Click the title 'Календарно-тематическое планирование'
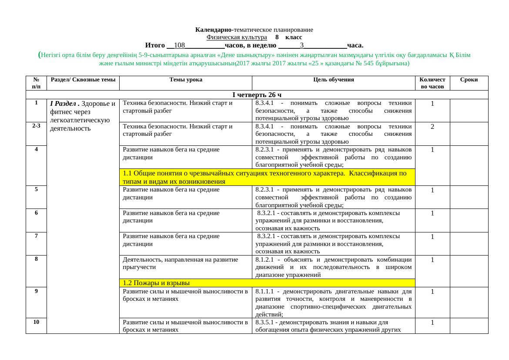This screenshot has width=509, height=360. [254, 30]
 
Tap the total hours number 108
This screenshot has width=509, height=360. [179, 45]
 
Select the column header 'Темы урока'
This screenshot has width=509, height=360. [185, 80]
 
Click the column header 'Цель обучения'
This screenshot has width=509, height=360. [333, 80]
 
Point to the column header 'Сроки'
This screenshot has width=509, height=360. [469, 80]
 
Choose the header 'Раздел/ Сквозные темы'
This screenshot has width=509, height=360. [83, 80]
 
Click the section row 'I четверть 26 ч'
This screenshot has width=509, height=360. [257, 95]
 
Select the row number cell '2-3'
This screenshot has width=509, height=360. [36, 126]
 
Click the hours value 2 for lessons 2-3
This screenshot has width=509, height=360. [432, 127]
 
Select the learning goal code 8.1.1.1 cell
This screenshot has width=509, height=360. [333, 303]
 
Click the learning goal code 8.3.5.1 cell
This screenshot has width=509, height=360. [333, 326]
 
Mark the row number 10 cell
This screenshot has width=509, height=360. [36, 322]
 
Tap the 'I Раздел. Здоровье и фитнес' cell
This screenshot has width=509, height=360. [83, 116]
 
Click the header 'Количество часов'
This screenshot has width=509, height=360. [432, 83]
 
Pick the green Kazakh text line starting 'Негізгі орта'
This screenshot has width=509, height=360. [254, 56]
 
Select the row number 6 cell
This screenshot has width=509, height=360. [36, 213]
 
